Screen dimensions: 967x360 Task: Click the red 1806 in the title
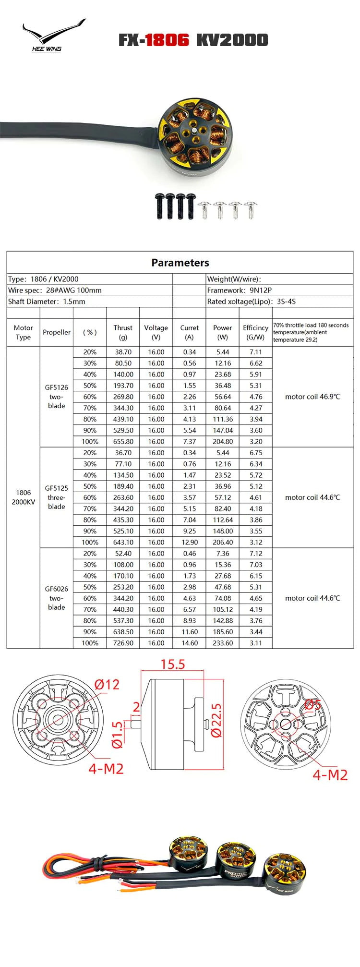point(168,40)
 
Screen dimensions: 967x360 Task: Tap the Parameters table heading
point(180,263)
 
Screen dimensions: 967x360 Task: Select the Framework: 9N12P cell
point(240,290)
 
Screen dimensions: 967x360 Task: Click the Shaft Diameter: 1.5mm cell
point(47,302)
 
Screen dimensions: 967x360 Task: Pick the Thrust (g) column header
point(123,332)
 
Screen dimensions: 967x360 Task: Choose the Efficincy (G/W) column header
point(255,332)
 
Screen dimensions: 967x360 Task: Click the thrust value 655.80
point(123,442)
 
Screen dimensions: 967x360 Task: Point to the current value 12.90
point(190,543)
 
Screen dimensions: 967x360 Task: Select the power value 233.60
point(223,643)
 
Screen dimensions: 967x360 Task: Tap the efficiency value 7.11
point(256,352)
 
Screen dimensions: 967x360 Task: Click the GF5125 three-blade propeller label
point(56,497)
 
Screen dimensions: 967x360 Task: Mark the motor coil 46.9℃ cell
point(312,397)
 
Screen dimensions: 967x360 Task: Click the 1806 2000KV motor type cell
point(23,497)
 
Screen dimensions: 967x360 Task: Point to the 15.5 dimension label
point(172,665)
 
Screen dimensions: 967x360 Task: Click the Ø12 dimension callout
point(107,684)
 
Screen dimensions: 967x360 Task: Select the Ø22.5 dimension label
point(216,721)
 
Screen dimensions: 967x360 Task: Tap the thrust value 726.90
point(123,643)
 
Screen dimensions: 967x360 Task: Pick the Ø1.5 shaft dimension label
point(117,735)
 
